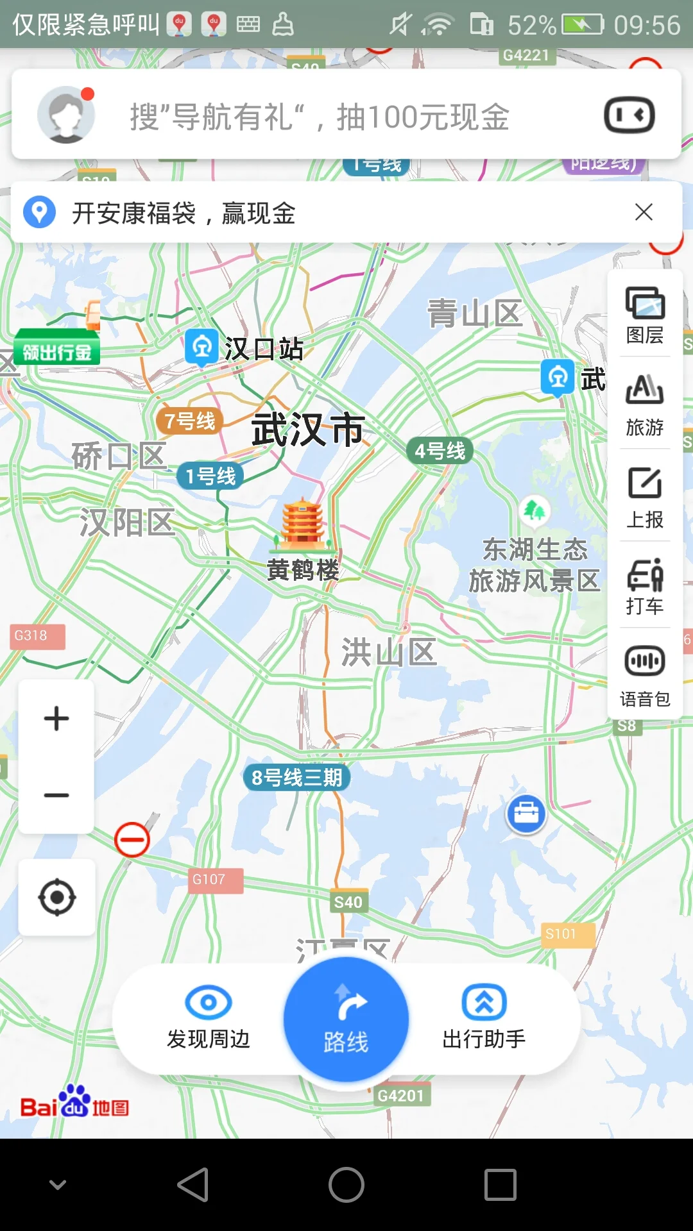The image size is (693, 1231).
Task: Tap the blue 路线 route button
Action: point(346,1019)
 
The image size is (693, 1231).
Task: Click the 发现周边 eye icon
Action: point(208,1002)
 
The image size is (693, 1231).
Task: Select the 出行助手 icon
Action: point(484,1002)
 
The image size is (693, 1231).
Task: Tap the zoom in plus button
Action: point(56,718)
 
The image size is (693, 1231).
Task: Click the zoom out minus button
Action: point(56,796)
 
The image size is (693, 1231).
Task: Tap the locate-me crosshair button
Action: point(56,897)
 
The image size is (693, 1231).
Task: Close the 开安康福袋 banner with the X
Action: point(644,212)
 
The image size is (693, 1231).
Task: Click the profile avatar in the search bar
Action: point(66,115)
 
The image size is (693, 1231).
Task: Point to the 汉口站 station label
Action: point(263,349)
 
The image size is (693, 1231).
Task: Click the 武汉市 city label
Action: point(308,429)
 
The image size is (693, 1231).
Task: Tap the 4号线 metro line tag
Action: point(440,451)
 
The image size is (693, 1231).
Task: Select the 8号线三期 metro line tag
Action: point(296,778)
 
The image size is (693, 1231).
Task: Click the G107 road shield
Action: point(209,880)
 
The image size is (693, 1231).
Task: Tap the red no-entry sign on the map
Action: point(132,840)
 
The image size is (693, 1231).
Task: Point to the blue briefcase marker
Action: point(526,814)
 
